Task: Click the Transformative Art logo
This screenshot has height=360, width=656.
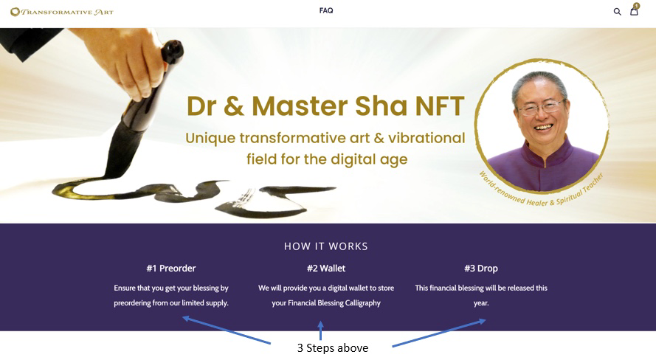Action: pyautogui.click(x=62, y=12)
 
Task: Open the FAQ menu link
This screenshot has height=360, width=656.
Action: pyautogui.click(x=326, y=10)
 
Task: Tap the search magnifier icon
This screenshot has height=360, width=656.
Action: pyautogui.click(x=617, y=12)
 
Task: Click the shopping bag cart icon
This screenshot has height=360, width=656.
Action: pyautogui.click(x=635, y=10)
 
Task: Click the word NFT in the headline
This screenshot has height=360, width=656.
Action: pyautogui.click(x=440, y=106)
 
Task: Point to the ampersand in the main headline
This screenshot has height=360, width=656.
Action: pyautogui.click(x=234, y=106)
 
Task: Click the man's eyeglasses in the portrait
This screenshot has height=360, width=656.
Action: pyautogui.click(x=542, y=108)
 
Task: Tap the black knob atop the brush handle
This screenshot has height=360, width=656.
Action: pyautogui.click(x=173, y=50)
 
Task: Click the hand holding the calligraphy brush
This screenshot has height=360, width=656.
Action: pyautogui.click(x=125, y=58)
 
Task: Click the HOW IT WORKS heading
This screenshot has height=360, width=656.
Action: pyautogui.click(x=326, y=246)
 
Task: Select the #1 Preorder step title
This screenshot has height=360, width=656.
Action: pyautogui.click(x=171, y=269)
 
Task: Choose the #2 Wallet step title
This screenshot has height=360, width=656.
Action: pyautogui.click(x=326, y=269)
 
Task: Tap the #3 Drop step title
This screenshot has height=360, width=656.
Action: pyautogui.click(x=481, y=269)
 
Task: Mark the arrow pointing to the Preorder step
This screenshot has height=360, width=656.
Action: pyautogui.click(x=227, y=330)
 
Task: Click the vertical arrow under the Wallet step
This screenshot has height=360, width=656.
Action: pyautogui.click(x=320, y=330)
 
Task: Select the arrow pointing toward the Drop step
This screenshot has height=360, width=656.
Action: pyautogui.click(x=439, y=333)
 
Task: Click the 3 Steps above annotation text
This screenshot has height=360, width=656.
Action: pyautogui.click(x=333, y=348)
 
